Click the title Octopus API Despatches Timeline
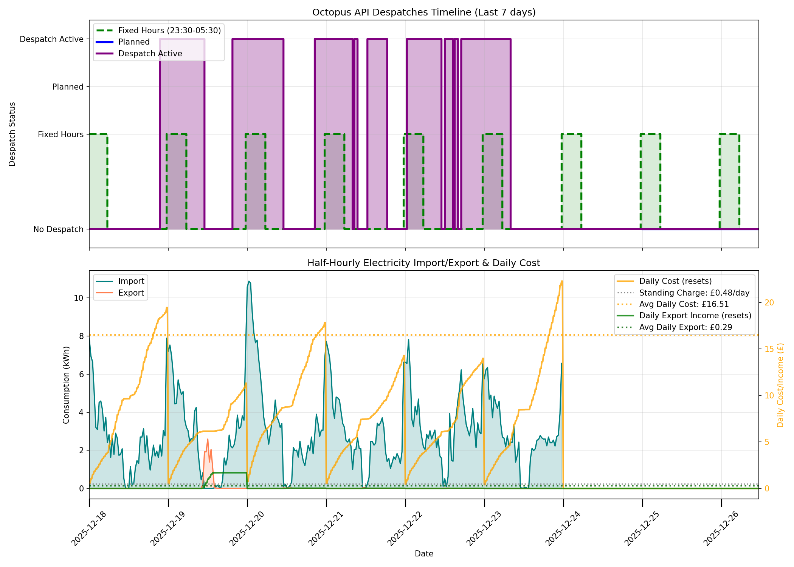click(423, 12)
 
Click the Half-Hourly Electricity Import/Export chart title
click(423, 263)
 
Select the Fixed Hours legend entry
click(169, 31)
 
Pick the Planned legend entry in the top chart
click(134, 42)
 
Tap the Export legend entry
click(131, 293)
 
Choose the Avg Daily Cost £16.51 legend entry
click(684, 304)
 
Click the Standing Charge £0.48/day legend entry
click(694, 293)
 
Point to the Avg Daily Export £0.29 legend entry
click(685, 327)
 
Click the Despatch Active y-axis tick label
click(51, 39)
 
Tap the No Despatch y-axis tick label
click(58, 229)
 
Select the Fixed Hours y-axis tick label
click(60, 135)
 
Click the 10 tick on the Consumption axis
click(78, 298)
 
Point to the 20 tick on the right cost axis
click(769, 303)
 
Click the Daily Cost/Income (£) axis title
click(780, 385)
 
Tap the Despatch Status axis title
click(12, 134)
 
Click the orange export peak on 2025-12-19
click(208, 440)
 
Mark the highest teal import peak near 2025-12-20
click(249, 281)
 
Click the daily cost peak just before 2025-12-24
click(562, 281)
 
